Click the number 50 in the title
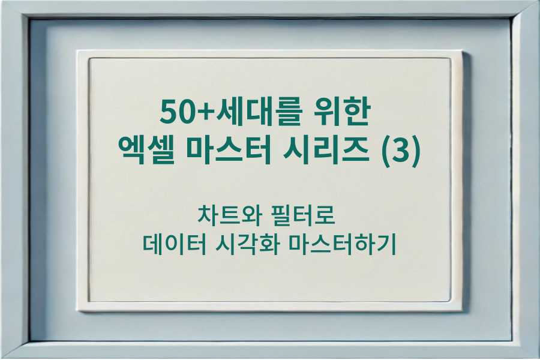click(174, 112)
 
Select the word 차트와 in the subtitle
click(224, 215)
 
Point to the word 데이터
click(174, 245)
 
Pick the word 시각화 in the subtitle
click(247, 245)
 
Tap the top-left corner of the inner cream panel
click(90, 59)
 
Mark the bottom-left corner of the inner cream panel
click(90, 301)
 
